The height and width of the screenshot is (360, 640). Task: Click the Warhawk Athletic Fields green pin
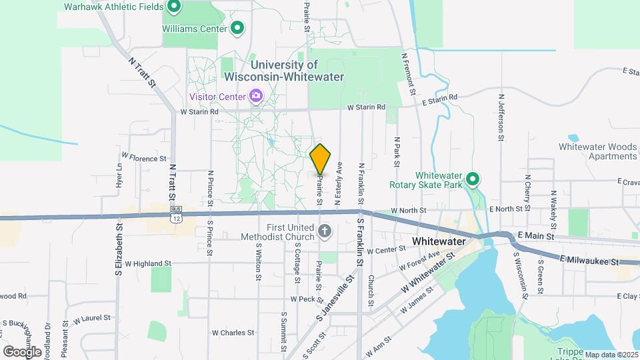(174, 7)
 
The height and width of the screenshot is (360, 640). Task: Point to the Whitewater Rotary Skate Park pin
(473, 179)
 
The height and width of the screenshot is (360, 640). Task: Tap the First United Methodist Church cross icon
(325, 232)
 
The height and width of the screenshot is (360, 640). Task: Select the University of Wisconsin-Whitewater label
(297, 71)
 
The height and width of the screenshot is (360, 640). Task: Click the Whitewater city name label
(442, 241)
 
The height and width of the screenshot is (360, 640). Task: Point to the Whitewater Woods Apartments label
(597, 151)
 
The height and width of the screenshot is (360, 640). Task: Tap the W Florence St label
(143, 159)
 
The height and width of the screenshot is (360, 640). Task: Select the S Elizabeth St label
(119, 249)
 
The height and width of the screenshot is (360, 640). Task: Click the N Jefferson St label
(500, 117)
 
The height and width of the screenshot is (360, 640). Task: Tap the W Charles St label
(233, 332)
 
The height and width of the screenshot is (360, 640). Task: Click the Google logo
(22, 351)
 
